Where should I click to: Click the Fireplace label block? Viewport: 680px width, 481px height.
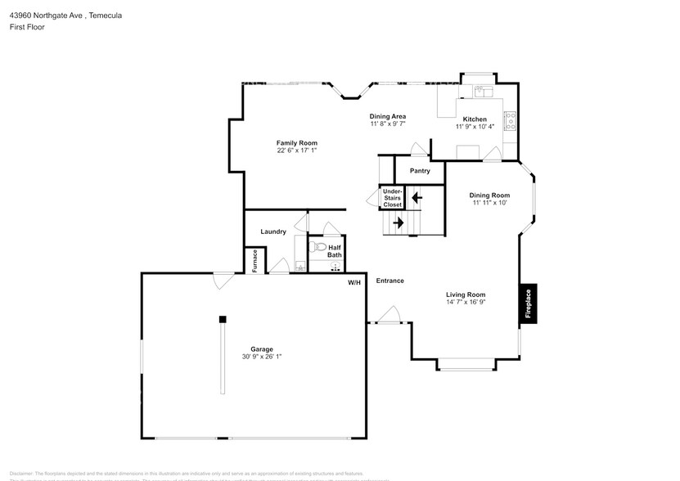[528, 303]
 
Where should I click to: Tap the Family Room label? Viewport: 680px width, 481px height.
[296, 143]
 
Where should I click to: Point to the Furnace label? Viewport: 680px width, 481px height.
[255, 260]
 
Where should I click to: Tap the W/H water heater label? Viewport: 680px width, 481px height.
[354, 282]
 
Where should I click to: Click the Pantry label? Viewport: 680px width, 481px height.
[420, 171]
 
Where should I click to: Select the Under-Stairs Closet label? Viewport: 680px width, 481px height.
[393, 198]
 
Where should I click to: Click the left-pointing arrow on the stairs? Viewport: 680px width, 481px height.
[417, 197]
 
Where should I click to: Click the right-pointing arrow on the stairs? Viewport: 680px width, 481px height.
[399, 222]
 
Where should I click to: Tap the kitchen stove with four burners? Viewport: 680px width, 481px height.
[510, 121]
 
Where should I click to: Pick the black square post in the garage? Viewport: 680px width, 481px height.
[222, 319]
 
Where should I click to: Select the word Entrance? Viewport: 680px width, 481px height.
[390, 281]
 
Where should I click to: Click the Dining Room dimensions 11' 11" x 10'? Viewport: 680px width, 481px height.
[489, 203]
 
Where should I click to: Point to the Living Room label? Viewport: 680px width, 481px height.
[466, 294]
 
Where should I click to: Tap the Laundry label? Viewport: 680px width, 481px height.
[273, 232]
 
